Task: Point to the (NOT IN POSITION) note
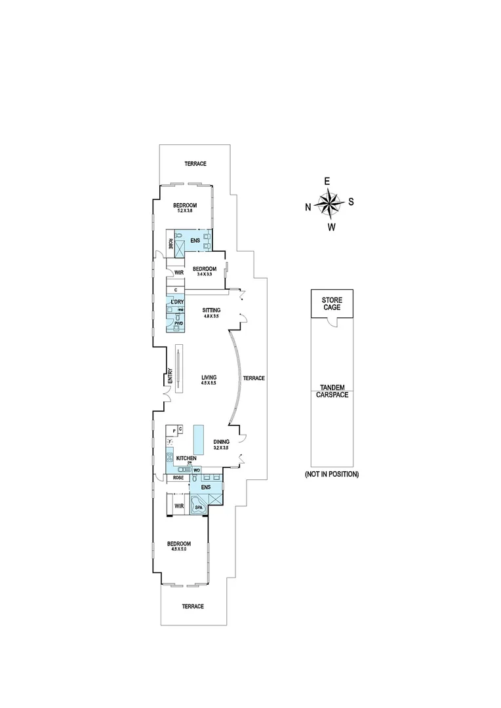(x=331, y=474)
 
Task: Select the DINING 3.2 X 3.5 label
(x=220, y=445)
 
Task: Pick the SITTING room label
(x=211, y=313)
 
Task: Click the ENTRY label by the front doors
(x=170, y=376)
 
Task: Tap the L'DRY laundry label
(x=176, y=302)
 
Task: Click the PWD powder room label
(x=178, y=323)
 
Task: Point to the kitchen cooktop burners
(x=169, y=458)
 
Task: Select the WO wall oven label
(x=196, y=470)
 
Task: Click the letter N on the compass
(x=308, y=207)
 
